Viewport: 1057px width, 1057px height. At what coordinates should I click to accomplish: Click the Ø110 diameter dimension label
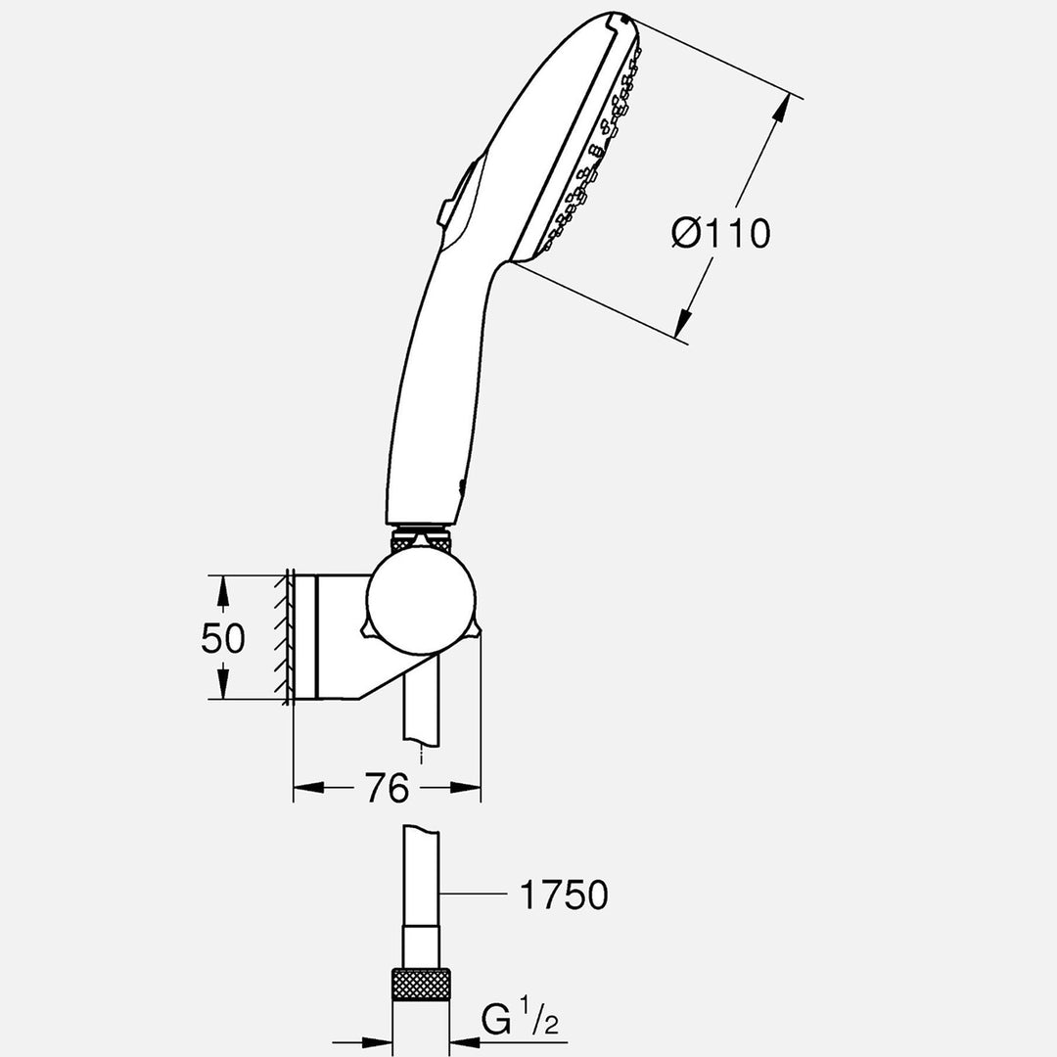coord(721,233)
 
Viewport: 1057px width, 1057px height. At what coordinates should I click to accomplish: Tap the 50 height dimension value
coord(222,638)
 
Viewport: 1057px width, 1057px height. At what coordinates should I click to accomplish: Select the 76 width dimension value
coord(387,788)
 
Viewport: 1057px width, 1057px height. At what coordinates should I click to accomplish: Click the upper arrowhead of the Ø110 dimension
coord(780,110)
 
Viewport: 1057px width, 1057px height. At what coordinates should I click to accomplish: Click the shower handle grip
coord(431,411)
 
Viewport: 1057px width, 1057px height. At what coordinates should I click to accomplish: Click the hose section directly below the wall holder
coord(421,714)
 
